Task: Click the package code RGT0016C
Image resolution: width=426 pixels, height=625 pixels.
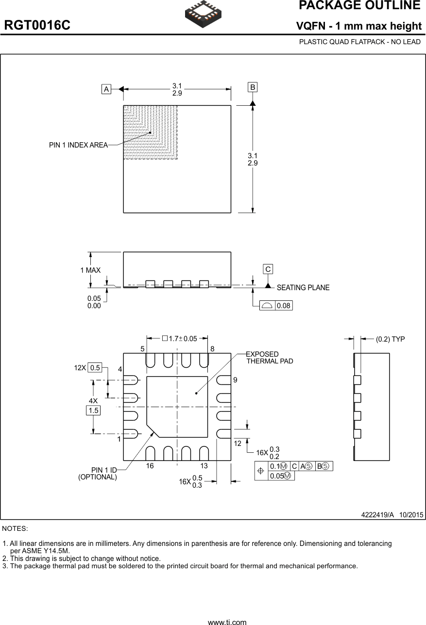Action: [x=37, y=26]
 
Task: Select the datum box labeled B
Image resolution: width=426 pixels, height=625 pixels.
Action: [x=253, y=87]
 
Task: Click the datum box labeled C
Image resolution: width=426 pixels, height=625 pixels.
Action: [x=268, y=269]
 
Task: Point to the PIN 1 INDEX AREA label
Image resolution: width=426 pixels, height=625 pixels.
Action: [x=78, y=145]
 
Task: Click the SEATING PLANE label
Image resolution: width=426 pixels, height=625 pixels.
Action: [x=303, y=288]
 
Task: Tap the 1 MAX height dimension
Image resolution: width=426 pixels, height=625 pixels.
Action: [x=90, y=270]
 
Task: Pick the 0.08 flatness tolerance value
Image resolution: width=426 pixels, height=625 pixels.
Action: [x=284, y=306]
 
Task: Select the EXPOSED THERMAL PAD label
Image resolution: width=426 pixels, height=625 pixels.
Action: [x=270, y=358]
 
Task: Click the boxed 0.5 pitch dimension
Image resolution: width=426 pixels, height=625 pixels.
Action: [x=95, y=368]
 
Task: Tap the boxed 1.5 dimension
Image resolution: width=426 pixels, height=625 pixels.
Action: [x=93, y=411]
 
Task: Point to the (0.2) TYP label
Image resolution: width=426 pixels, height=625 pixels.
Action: [x=390, y=339]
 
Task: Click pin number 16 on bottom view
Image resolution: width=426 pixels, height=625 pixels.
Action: [x=150, y=466]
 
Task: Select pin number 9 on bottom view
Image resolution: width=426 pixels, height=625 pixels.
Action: [x=235, y=380]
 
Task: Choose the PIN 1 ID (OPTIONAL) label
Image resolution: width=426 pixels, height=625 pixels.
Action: [x=98, y=474]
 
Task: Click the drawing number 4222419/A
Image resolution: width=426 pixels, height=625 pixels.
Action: [x=377, y=514]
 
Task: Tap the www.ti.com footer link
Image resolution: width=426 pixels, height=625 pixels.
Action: [x=227, y=622]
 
